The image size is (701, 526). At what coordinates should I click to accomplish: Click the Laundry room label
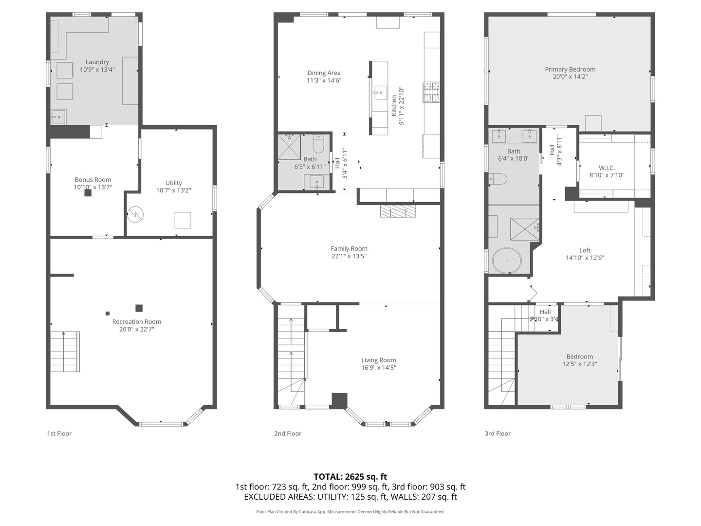coord(97,62)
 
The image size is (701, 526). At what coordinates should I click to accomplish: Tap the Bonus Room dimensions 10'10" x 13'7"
coord(93,187)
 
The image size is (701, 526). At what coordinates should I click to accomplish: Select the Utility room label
coord(173,183)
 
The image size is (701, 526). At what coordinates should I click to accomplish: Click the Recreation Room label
coord(137,321)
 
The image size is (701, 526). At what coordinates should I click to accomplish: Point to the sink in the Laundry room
coord(58,117)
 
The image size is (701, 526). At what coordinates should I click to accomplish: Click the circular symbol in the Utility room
coord(135,214)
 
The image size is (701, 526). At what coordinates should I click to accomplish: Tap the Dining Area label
coord(324,73)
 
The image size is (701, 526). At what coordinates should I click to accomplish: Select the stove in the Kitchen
coord(431,93)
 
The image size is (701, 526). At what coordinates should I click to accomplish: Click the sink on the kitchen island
coord(380,93)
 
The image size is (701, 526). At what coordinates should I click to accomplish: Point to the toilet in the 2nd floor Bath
coord(318,144)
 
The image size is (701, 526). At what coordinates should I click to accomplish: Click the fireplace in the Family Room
coord(398,211)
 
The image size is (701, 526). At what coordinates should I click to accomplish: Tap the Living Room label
coord(379,360)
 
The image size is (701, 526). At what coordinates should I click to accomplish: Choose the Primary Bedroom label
coord(570,69)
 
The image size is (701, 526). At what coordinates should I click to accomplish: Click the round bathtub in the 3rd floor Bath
coord(507,261)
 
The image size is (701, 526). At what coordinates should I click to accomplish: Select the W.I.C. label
coord(607,168)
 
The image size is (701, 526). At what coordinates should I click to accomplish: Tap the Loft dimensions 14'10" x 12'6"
coord(585,258)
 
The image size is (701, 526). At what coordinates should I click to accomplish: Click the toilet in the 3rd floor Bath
coord(498,180)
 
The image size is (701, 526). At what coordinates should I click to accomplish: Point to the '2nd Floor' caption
coord(288,433)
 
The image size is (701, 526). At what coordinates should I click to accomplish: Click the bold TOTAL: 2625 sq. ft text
coord(350,476)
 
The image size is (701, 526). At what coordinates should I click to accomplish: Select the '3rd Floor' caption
coord(498,433)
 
